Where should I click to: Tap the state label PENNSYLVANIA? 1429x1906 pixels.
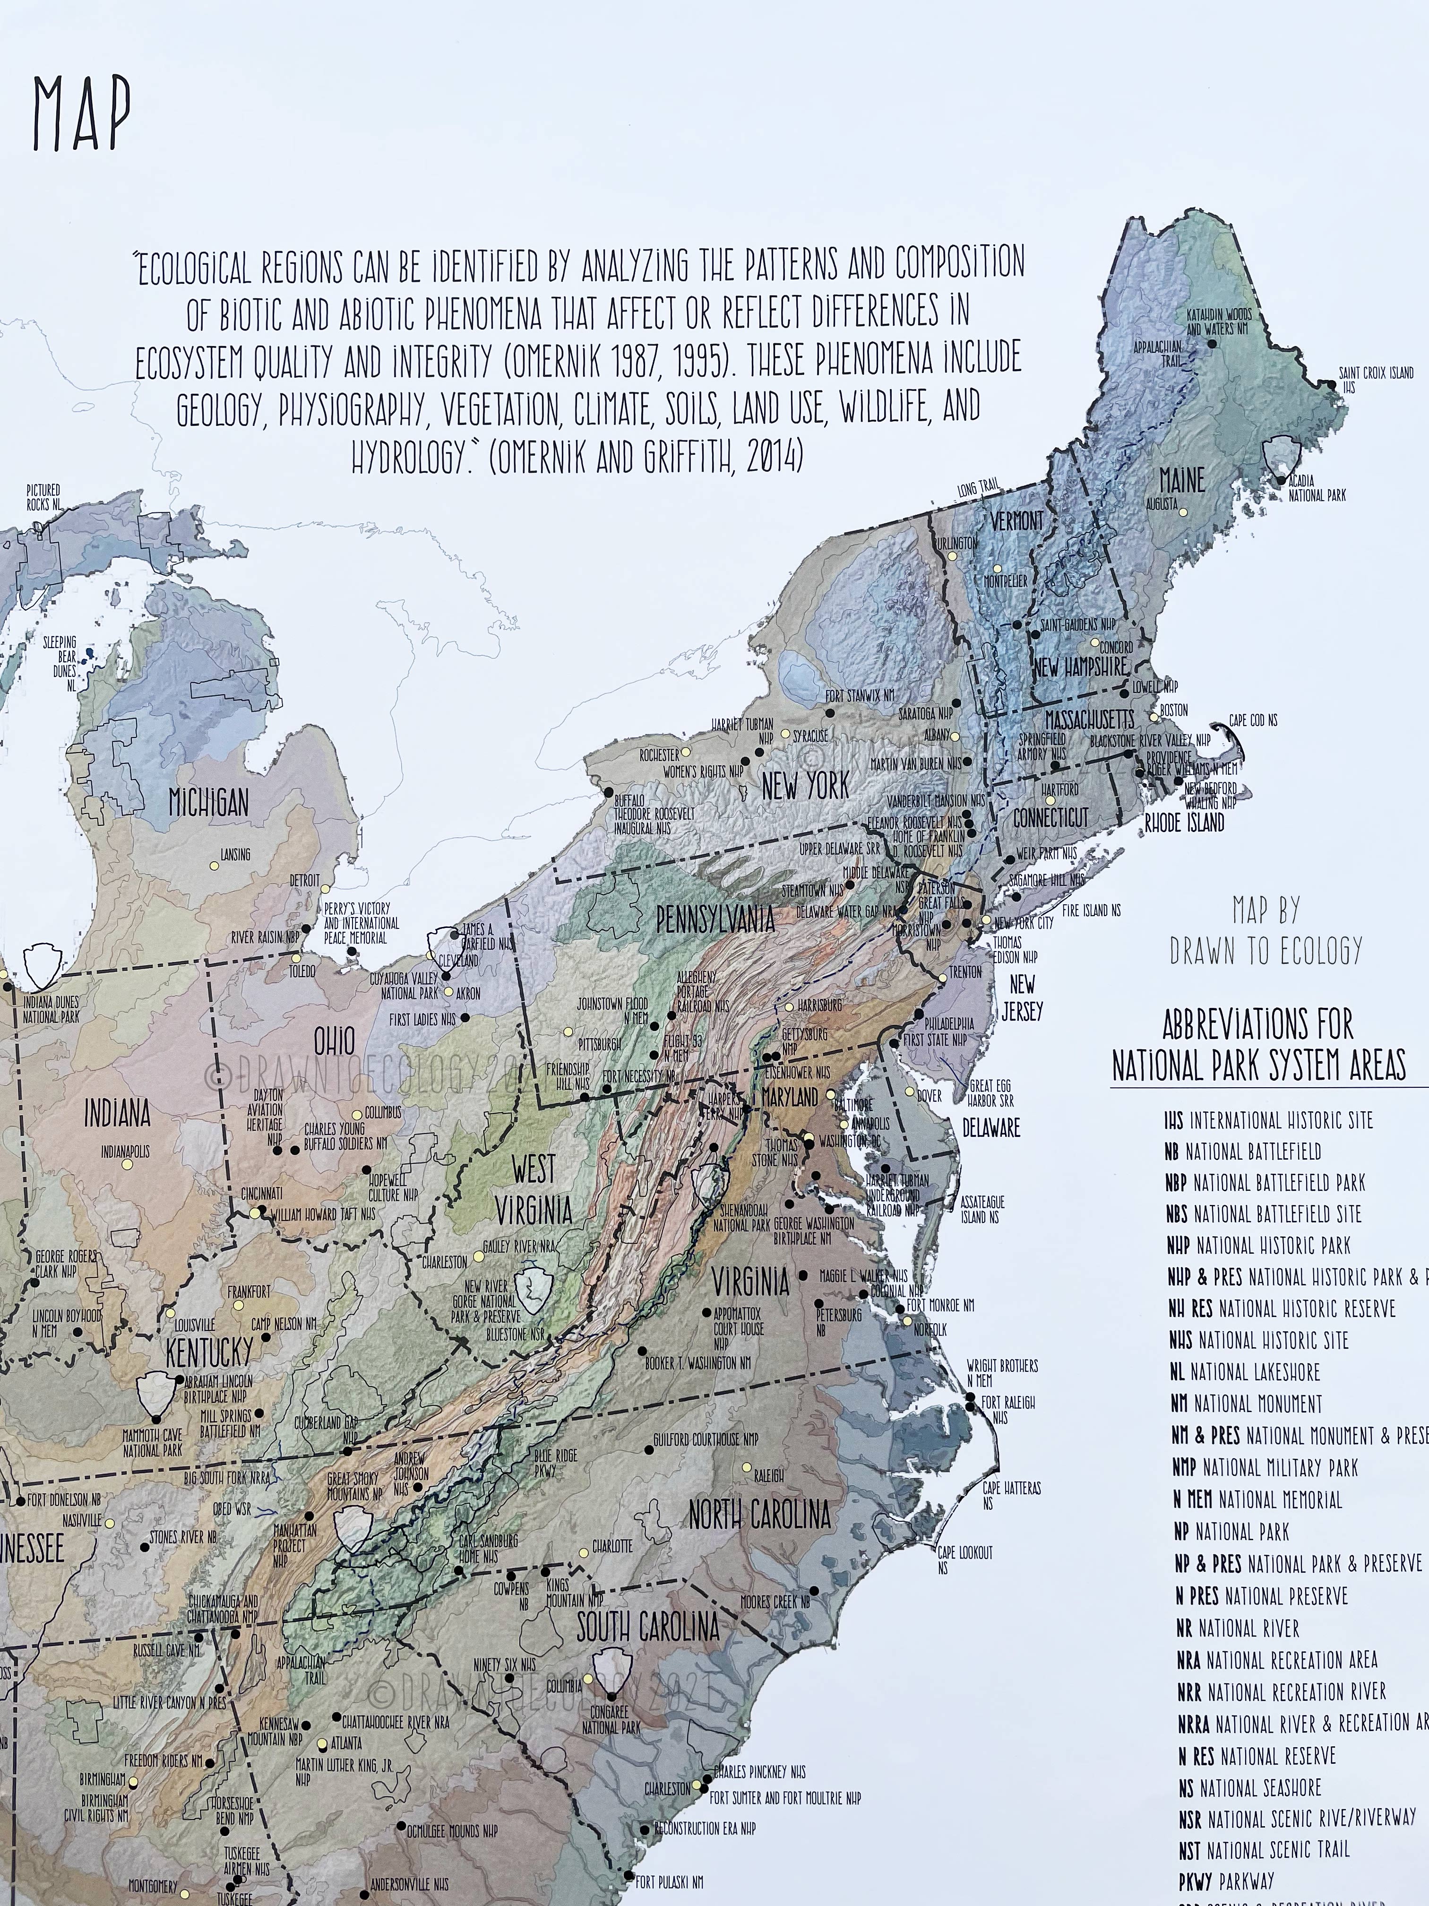715,919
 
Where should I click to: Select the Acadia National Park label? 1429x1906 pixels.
1316,489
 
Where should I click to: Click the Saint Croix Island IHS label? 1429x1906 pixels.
1376,379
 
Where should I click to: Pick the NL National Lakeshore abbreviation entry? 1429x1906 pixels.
1245,1372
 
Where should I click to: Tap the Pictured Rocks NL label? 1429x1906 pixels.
43,497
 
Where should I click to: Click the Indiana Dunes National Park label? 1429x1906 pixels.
52,1009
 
